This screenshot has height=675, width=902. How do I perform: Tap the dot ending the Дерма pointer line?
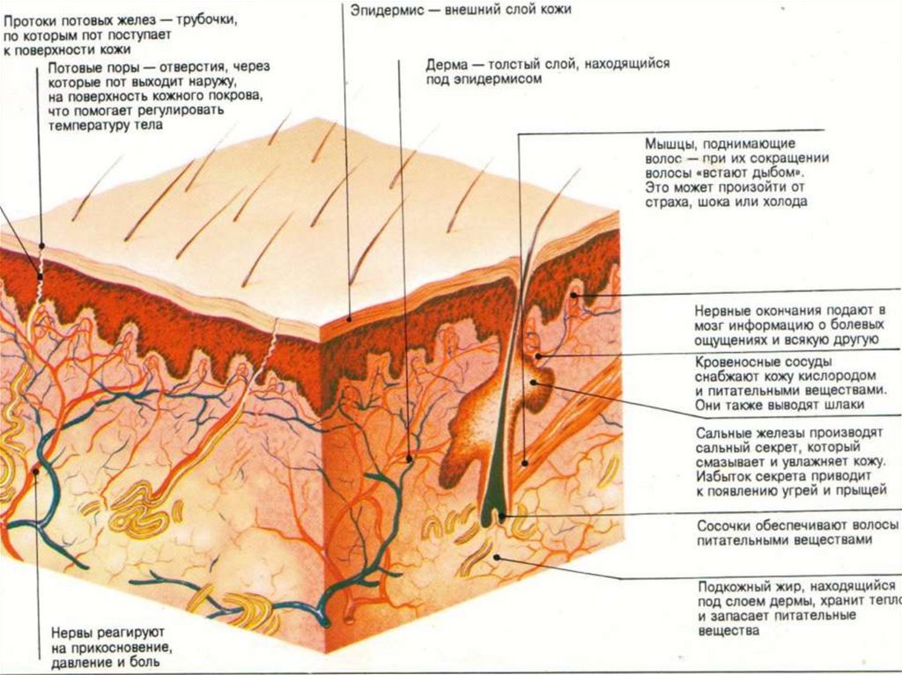[x=410, y=459]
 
